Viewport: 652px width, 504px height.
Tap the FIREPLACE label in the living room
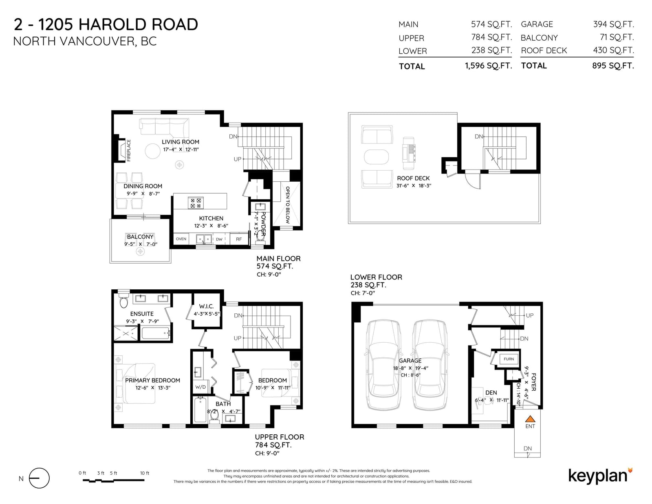pyautogui.click(x=129, y=150)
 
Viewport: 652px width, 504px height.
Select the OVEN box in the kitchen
pyautogui.click(x=181, y=239)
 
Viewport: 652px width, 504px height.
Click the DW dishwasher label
pyautogui.click(x=219, y=239)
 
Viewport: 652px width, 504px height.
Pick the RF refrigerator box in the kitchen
pyautogui.click(x=239, y=239)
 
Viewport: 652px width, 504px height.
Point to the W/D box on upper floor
pyautogui.click(x=200, y=387)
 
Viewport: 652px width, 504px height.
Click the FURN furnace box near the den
pyautogui.click(x=509, y=359)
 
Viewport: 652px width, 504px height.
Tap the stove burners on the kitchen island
pyautogui.click(x=196, y=203)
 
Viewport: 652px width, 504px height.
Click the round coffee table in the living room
pyautogui.click(x=153, y=151)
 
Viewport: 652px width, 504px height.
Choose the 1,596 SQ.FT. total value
pyautogui.click(x=489, y=66)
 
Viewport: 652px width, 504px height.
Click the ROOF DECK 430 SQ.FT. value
pyautogui.click(x=613, y=50)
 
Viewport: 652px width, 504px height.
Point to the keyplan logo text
pyautogui.click(x=598, y=476)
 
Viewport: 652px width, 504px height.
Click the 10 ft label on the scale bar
pyautogui.click(x=145, y=473)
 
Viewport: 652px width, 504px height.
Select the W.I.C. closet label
pyautogui.click(x=207, y=306)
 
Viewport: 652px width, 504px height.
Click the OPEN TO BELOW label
pyautogui.click(x=287, y=205)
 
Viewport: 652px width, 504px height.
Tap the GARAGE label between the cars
pyautogui.click(x=410, y=361)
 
